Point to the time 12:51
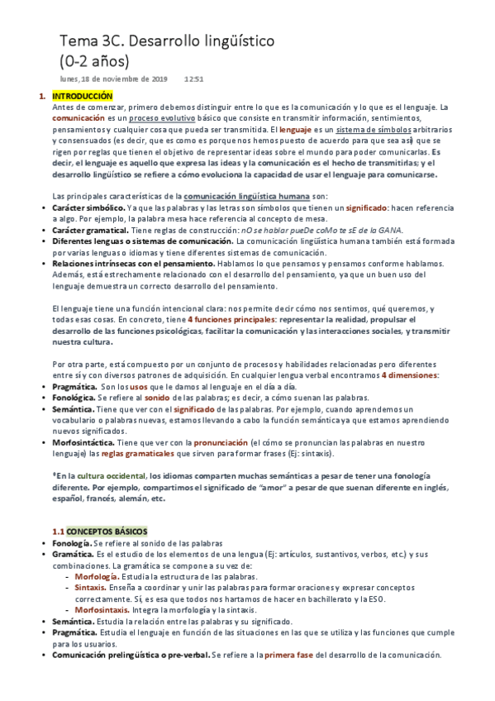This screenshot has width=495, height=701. pos(194,79)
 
